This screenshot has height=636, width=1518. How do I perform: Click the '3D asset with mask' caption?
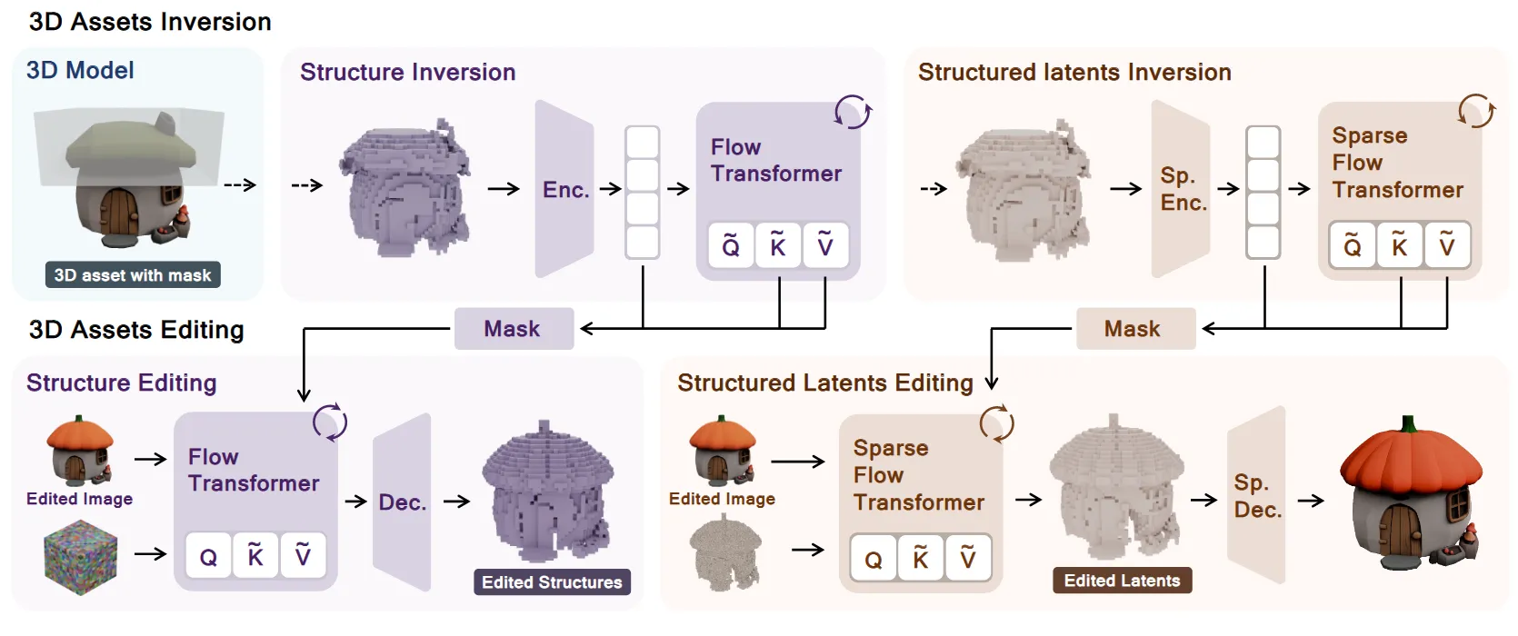(133, 274)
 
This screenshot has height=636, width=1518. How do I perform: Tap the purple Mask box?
(514, 328)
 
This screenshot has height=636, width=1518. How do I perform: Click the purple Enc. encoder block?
(564, 189)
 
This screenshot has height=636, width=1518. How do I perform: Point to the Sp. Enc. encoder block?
(1182, 189)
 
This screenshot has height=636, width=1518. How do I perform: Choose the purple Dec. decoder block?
(402, 502)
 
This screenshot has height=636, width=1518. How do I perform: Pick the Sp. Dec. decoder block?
(1257, 496)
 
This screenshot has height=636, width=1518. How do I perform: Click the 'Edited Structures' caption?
(552, 581)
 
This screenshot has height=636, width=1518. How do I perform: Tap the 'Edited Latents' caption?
(1122, 580)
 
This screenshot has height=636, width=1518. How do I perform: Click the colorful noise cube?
(81, 557)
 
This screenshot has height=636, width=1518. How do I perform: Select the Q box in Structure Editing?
(208, 556)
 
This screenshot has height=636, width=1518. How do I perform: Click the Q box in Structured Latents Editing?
(874, 559)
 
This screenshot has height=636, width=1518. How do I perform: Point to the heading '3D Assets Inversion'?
(150, 22)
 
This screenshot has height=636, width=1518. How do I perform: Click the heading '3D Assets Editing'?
(136, 329)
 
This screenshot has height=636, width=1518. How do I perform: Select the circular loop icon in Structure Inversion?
(853, 113)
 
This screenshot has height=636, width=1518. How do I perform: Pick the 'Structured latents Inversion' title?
(1074, 72)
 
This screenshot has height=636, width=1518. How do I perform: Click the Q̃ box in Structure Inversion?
(731, 245)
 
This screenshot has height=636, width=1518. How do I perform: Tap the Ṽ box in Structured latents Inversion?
(1447, 245)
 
